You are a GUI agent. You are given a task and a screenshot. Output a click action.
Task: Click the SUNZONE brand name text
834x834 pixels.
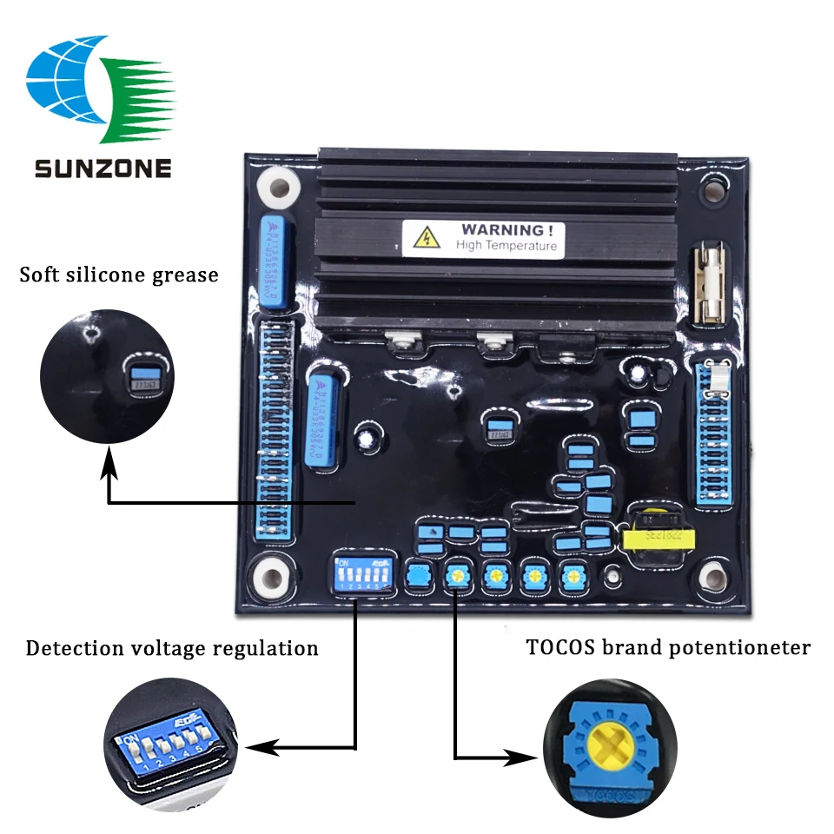click(103, 167)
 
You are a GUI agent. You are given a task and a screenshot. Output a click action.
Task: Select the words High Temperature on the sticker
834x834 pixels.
click(506, 246)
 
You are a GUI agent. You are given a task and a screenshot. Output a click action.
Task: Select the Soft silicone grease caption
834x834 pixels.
click(119, 275)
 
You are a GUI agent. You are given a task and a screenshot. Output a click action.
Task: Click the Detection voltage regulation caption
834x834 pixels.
click(172, 648)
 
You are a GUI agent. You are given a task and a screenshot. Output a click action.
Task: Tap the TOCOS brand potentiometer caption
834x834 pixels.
click(668, 647)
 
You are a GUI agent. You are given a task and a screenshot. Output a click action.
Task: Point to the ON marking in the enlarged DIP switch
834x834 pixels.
click(131, 739)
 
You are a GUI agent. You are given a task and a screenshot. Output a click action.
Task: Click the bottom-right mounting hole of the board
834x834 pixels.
click(712, 573)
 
